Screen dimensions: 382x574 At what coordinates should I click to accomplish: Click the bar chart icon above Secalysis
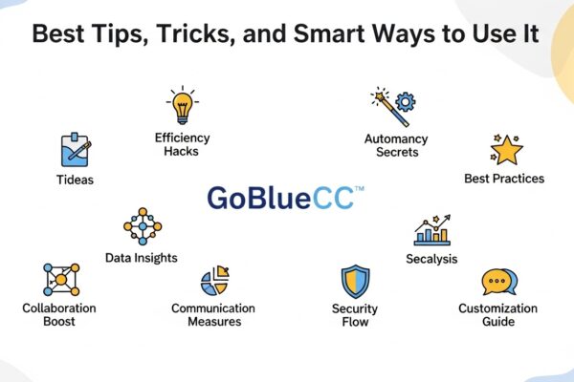431,230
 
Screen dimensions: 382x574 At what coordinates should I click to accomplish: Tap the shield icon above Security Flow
356,284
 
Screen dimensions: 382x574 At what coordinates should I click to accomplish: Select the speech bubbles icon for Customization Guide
498,283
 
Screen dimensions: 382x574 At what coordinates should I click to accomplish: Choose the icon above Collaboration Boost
60,280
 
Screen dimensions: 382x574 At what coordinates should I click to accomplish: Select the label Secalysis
431,259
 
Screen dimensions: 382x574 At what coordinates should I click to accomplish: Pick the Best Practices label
503,178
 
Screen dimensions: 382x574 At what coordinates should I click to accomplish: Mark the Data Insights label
141,258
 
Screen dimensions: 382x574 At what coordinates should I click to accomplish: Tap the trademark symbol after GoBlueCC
359,190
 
